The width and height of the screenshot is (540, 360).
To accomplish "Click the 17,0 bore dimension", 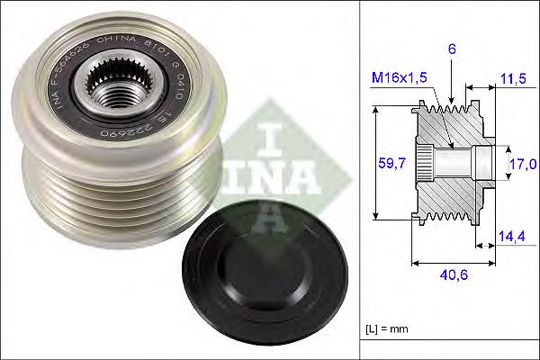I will point(523,164).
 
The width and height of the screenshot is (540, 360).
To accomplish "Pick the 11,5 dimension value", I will point(513,79).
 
